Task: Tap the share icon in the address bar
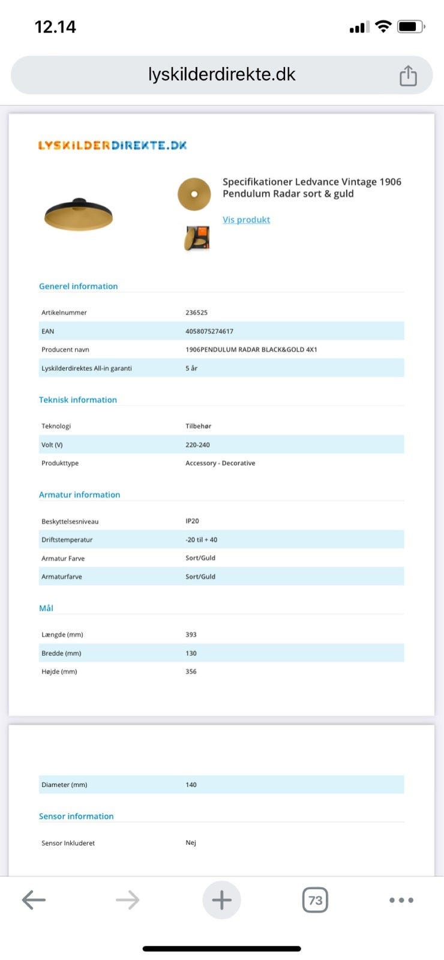(408, 76)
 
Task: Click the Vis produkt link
(246, 220)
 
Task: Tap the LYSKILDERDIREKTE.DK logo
(112, 145)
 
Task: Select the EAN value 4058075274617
(209, 331)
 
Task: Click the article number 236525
(196, 313)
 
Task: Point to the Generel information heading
(78, 286)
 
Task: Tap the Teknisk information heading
(78, 400)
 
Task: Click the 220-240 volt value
(197, 445)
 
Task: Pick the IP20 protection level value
(192, 521)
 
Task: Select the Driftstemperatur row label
(67, 539)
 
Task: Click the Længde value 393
(191, 634)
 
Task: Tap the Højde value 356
(191, 671)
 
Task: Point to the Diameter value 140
(191, 784)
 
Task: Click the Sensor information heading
(76, 816)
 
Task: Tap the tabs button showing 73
(315, 900)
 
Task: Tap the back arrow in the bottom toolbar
(34, 900)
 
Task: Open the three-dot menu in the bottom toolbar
(401, 900)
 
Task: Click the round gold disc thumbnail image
(194, 194)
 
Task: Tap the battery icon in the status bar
(411, 26)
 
